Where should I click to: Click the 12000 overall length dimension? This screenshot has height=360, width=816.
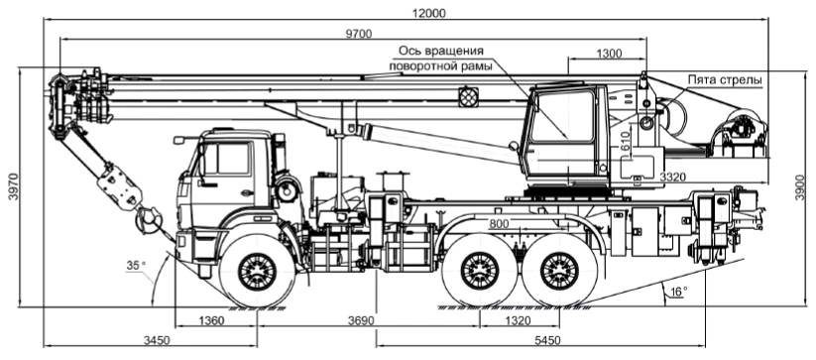[428, 13]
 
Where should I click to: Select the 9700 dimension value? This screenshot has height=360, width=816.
[360, 33]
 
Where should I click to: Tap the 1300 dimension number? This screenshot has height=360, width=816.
[609, 53]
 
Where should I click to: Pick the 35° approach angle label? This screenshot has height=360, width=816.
[136, 266]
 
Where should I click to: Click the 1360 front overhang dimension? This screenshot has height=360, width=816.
[211, 320]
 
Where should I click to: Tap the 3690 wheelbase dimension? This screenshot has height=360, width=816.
[361, 320]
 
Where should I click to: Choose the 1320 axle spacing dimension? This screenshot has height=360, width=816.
[518, 320]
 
